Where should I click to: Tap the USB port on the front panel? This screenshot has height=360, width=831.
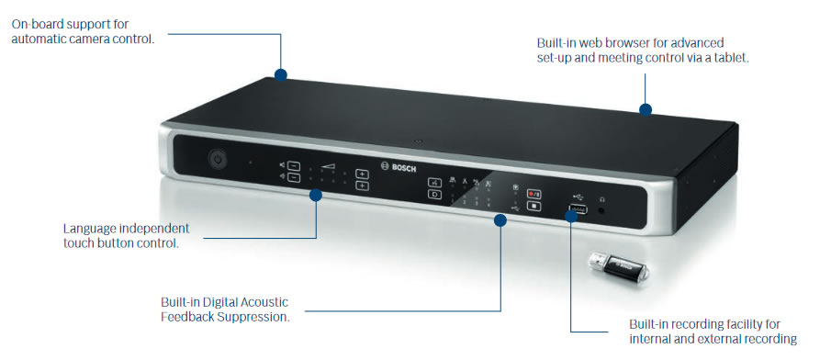pos(578,210)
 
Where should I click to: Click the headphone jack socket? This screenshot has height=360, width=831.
pos(602,210)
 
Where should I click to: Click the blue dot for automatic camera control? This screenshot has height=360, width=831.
pos(281,74)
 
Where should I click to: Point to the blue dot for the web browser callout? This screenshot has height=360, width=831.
pos(646,109)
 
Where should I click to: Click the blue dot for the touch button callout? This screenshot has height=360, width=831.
pos(316,195)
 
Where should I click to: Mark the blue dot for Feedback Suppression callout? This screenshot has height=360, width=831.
pos(501,219)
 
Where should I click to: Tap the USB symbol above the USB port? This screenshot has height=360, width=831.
pos(576,194)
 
